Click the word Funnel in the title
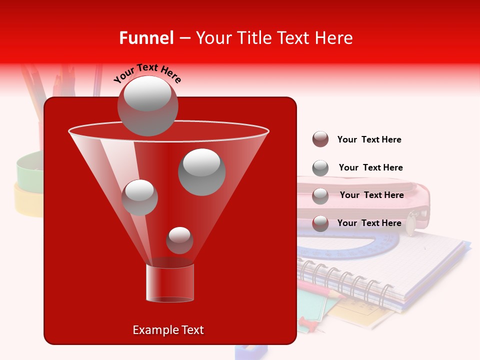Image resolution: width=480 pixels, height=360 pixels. (146, 38)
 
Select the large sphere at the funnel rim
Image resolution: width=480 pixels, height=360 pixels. (147, 106)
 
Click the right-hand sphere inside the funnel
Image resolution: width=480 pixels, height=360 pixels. (201, 172)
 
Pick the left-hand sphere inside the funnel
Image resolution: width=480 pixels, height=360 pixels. (139, 197)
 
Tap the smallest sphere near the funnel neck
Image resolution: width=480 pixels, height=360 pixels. (179, 240)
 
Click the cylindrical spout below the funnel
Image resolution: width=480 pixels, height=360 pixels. (169, 283)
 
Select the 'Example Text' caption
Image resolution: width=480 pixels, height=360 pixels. (168, 330)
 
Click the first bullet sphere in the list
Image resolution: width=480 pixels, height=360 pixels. (320, 139)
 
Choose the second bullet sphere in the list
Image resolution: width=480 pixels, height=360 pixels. (320, 168)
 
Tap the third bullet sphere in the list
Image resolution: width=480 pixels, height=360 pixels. (320, 196)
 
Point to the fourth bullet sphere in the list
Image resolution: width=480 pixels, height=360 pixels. (320, 223)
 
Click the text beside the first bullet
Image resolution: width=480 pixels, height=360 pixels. (369, 139)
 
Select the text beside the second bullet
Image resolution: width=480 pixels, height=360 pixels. (370, 167)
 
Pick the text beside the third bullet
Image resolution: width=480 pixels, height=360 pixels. (371, 195)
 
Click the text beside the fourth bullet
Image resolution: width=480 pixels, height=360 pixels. (369, 223)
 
